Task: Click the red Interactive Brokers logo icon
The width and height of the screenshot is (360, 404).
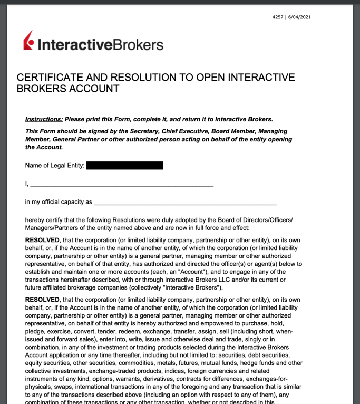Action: click(30, 42)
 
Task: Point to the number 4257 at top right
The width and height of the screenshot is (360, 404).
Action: click(278, 17)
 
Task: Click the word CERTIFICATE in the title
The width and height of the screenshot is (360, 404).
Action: click(52, 78)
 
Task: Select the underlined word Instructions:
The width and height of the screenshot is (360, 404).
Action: click(44, 119)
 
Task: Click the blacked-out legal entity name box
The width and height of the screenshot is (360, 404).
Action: click(124, 166)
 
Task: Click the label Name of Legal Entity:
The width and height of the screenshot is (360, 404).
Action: click(55, 166)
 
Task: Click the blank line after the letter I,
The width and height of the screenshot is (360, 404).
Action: click(122, 185)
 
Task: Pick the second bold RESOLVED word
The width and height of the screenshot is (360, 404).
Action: click(42, 300)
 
